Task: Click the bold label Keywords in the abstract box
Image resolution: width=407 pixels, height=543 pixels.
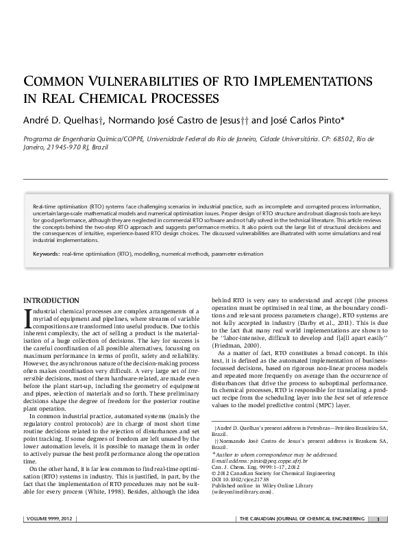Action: pyautogui.click(x=45, y=254)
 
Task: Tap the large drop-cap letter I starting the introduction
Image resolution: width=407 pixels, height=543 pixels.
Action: pyautogui.click(x=27, y=317)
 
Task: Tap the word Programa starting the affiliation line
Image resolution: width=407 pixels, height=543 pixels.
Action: pyautogui.click(x=40, y=138)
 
